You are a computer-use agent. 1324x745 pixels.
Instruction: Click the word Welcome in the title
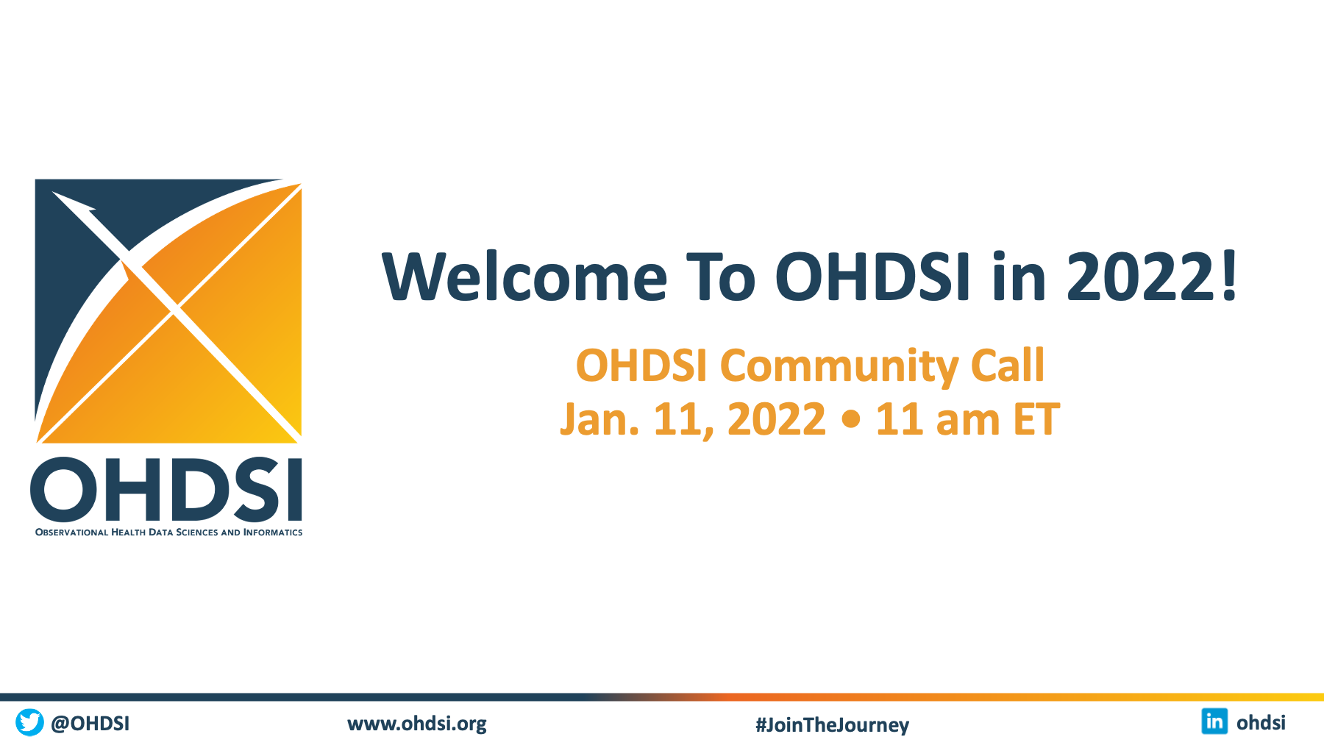524,277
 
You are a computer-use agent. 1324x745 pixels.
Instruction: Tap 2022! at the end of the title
1153,277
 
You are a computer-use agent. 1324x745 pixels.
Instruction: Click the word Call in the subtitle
1008,365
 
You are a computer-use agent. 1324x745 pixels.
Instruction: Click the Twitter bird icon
30,722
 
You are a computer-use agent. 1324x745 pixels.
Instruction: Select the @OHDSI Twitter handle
90,724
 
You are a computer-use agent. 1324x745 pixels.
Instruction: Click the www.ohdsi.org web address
417,724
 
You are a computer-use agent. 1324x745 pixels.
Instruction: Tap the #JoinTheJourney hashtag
832,725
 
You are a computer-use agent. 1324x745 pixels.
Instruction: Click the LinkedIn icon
1214,721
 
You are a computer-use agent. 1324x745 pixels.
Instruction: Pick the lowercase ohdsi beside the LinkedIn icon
1261,723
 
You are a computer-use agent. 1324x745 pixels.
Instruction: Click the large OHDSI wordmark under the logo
166,489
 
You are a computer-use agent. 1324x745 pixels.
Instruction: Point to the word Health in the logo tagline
128,532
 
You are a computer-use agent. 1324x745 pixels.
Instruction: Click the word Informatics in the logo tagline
273,532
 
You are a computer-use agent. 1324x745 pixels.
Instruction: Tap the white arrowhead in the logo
74,202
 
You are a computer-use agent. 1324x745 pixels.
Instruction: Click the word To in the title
721,277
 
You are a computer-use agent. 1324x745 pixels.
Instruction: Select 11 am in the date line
936,419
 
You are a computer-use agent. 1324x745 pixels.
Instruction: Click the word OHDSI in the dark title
872,277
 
